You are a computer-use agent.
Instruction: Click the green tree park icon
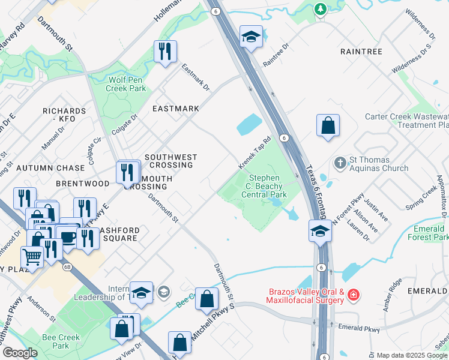click(321, 8)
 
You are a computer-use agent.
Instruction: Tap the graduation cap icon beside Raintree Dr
click(250, 36)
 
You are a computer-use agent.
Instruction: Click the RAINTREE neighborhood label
click(361, 52)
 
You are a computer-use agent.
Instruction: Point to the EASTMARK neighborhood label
click(175, 109)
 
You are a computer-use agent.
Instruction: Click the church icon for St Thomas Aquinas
click(340, 163)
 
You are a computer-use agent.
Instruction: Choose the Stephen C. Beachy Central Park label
click(264, 186)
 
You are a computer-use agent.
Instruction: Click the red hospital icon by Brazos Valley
click(354, 294)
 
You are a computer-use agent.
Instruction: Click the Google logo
click(19, 353)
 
